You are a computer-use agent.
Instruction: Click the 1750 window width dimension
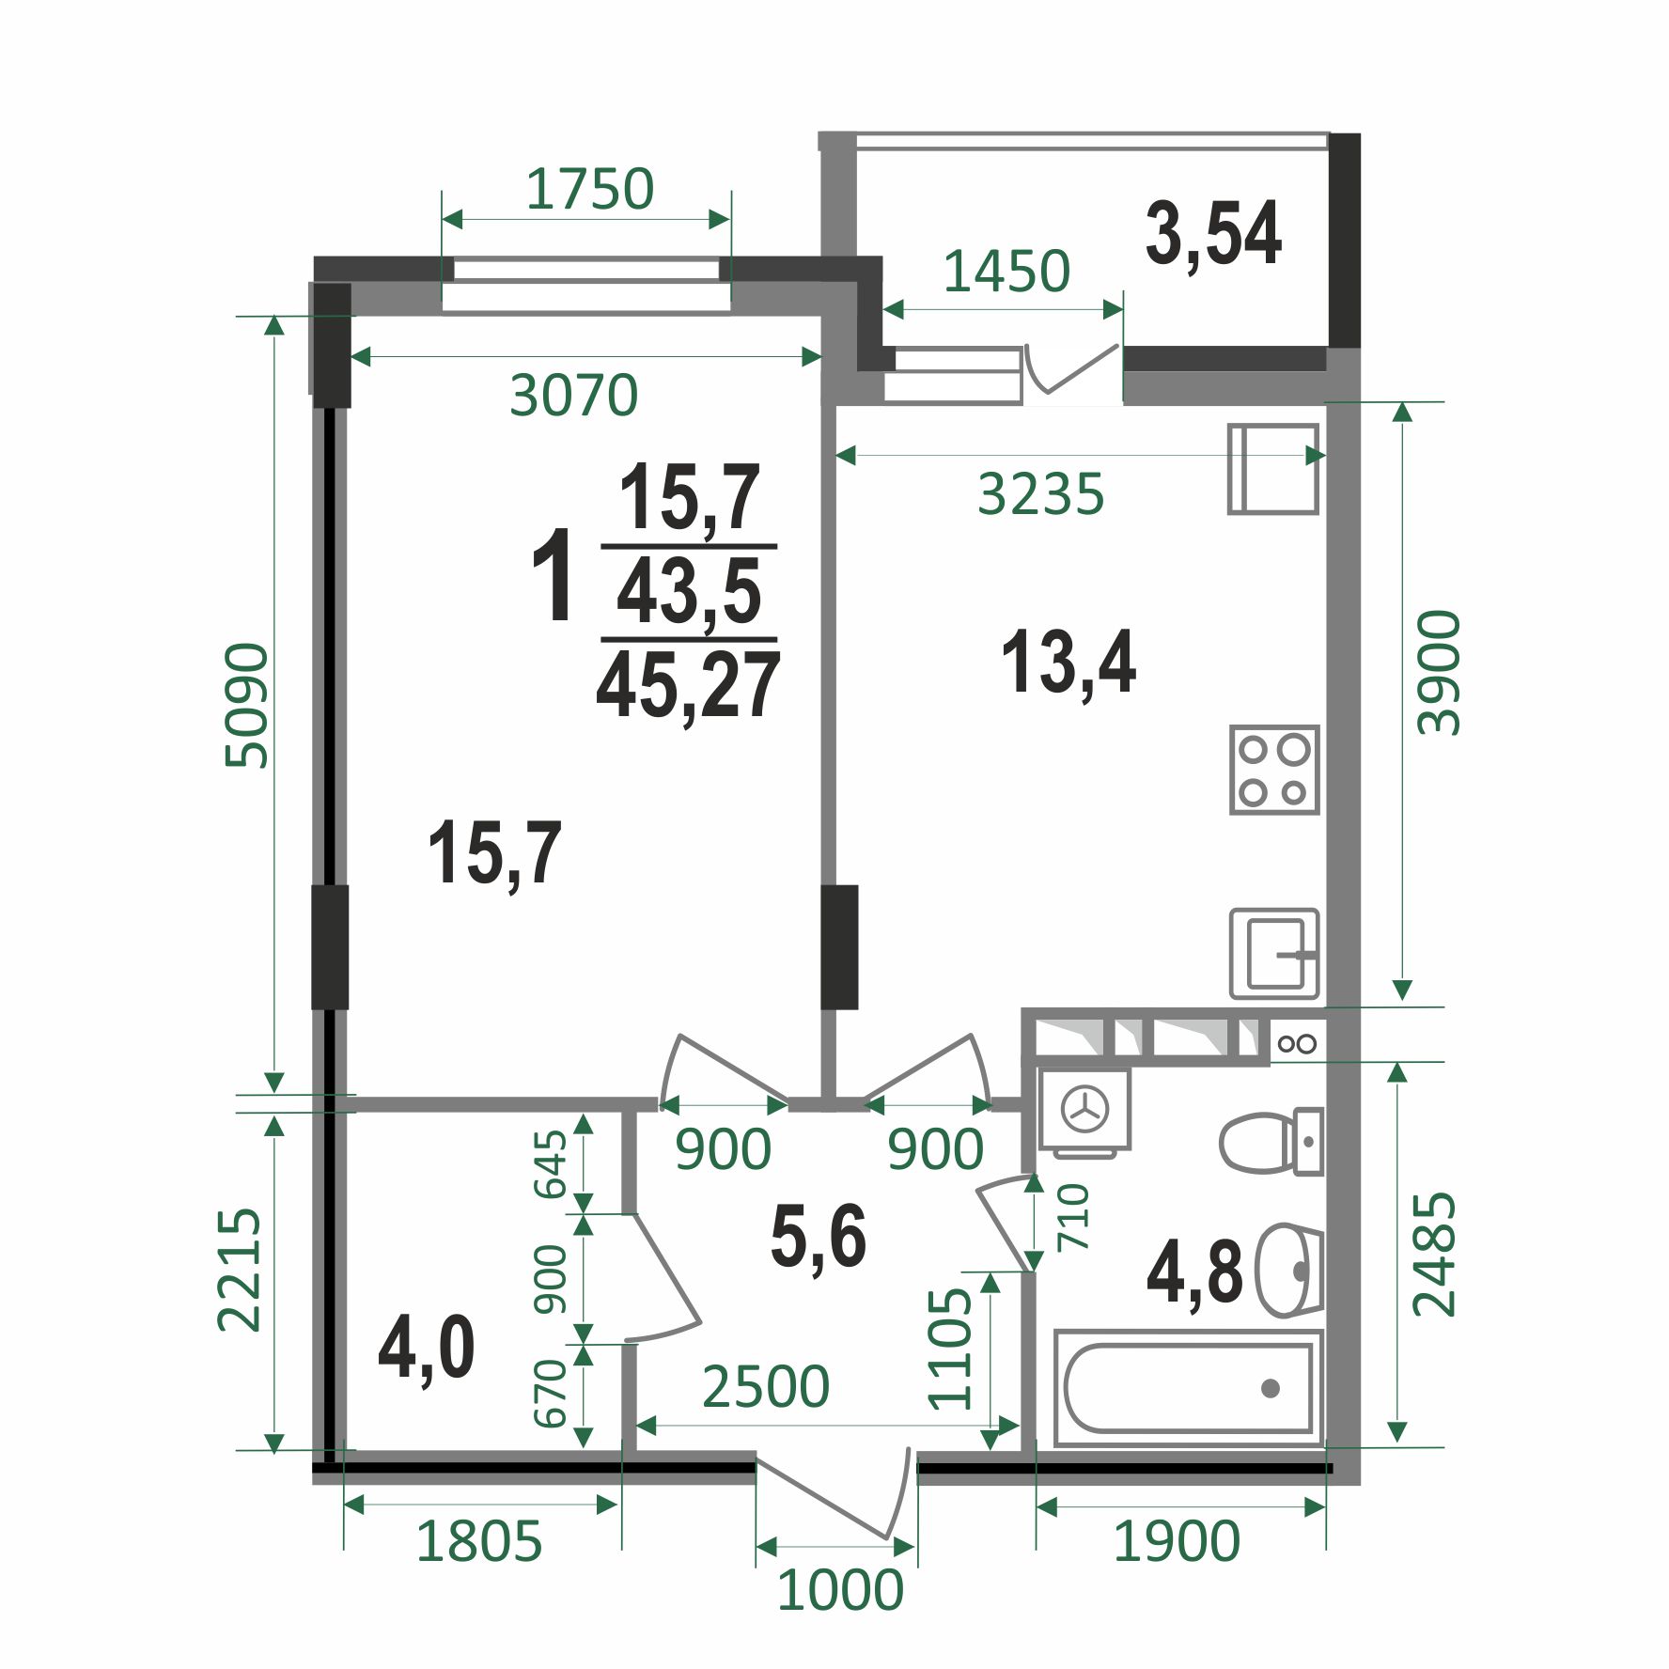click(589, 189)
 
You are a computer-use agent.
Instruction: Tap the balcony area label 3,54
click(1213, 234)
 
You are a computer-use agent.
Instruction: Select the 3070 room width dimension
click(573, 395)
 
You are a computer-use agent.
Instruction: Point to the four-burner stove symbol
click(1274, 769)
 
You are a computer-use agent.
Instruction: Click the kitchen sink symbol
click(1274, 953)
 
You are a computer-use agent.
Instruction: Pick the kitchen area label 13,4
click(1068, 663)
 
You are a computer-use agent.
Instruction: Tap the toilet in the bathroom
click(1271, 1142)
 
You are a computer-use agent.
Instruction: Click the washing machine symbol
click(1084, 1110)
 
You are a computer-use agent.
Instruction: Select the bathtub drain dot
click(1271, 1387)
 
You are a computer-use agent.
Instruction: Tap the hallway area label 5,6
click(818, 1237)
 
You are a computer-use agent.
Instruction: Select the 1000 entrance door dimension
click(840, 1589)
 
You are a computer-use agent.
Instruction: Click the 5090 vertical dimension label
click(247, 705)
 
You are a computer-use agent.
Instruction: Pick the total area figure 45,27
click(688, 685)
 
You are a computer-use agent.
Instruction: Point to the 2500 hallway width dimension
click(766, 1386)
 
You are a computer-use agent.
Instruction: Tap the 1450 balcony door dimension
click(1006, 272)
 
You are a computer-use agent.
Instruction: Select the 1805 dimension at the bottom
click(479, 1541)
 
